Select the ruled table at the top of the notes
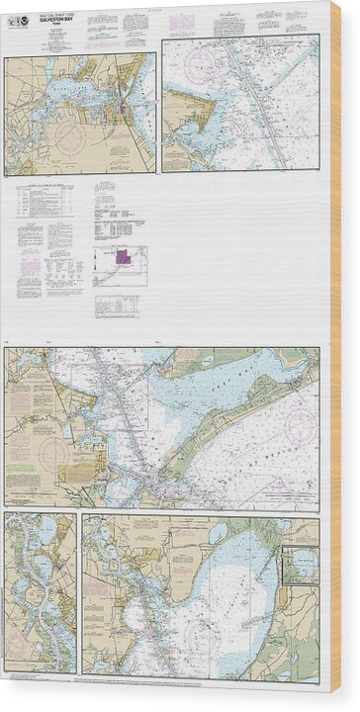point(47,202)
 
